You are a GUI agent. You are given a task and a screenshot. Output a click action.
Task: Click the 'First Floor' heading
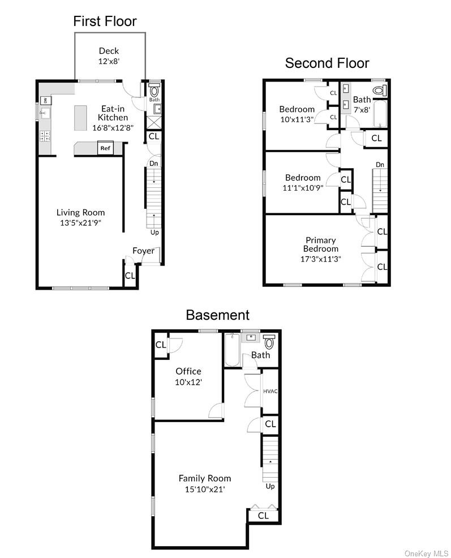[105, 22]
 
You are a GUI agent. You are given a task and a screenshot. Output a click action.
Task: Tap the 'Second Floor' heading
[327, 63]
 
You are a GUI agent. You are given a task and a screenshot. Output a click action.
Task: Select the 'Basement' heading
[217, 315]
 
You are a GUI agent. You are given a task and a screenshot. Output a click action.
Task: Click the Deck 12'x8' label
[109, 56]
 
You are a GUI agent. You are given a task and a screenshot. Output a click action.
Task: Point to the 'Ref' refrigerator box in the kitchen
[105, 148]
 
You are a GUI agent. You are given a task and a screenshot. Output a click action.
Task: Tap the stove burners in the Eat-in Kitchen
[45, 136]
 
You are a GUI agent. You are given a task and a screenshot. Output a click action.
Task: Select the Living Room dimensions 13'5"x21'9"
[80, 223]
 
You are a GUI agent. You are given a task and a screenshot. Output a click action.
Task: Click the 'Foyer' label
[143, 251]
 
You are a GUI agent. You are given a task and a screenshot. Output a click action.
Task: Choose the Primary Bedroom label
[320, 244]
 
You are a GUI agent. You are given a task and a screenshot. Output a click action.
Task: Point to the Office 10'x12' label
[188, 376]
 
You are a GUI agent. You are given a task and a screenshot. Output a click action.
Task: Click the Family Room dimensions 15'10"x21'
[205, 489]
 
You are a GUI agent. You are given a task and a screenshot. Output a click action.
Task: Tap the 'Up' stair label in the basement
[270, 487]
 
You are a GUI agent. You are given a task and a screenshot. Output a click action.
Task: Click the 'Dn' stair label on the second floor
[380, 165]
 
